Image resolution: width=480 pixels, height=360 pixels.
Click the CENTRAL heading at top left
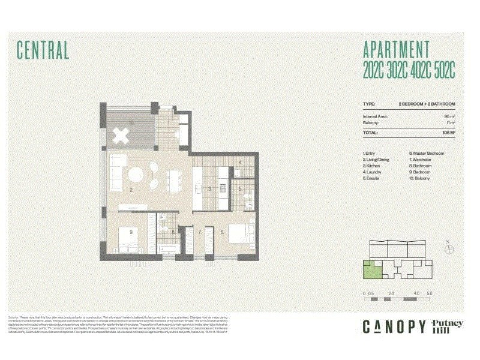[x=43, y=50]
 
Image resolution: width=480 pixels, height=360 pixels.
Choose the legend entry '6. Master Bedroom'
[x=427, y=154]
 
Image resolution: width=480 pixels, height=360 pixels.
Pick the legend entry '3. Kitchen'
[x=373, y=166]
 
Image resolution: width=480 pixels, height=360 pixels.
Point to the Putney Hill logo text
[x=448, y=326]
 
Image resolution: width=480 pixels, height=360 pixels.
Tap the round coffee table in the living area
[x=136, y=175]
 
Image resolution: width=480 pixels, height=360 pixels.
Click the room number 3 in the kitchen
[x=209, y=189]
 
